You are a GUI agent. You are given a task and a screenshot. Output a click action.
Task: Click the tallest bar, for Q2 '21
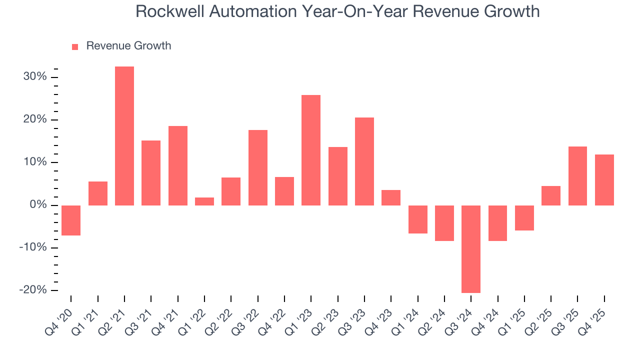[x=124, y=136]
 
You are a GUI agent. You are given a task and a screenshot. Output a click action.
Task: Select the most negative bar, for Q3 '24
[x=471, y=249]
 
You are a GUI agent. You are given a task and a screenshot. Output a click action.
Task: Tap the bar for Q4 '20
[x=71, y=220]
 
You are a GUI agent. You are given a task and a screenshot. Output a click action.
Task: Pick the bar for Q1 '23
[x=311, y=150]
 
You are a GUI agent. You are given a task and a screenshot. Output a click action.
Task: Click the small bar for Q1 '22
[x=204, y=201]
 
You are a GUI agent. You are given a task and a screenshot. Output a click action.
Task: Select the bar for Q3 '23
[x=364, y=161]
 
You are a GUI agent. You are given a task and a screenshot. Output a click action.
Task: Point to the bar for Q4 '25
[x=604, y=180]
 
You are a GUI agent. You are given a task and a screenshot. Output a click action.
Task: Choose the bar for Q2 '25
[x=551, y=195]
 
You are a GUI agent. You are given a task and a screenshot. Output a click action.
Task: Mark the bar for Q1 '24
[x=417, y=219]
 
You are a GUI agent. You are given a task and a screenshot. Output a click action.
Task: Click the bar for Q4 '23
[x=391, y=197]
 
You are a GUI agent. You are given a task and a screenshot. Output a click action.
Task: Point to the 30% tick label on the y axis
[x=35, y=77]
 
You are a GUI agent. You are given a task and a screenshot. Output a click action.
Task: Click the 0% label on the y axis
[x=38, y=205]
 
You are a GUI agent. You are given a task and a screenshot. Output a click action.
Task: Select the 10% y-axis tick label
[x=35, y=162]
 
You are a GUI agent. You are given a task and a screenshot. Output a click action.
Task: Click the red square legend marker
[x=75, y=46]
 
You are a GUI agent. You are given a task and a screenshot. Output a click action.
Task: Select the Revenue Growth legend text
[x=128, y=46]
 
